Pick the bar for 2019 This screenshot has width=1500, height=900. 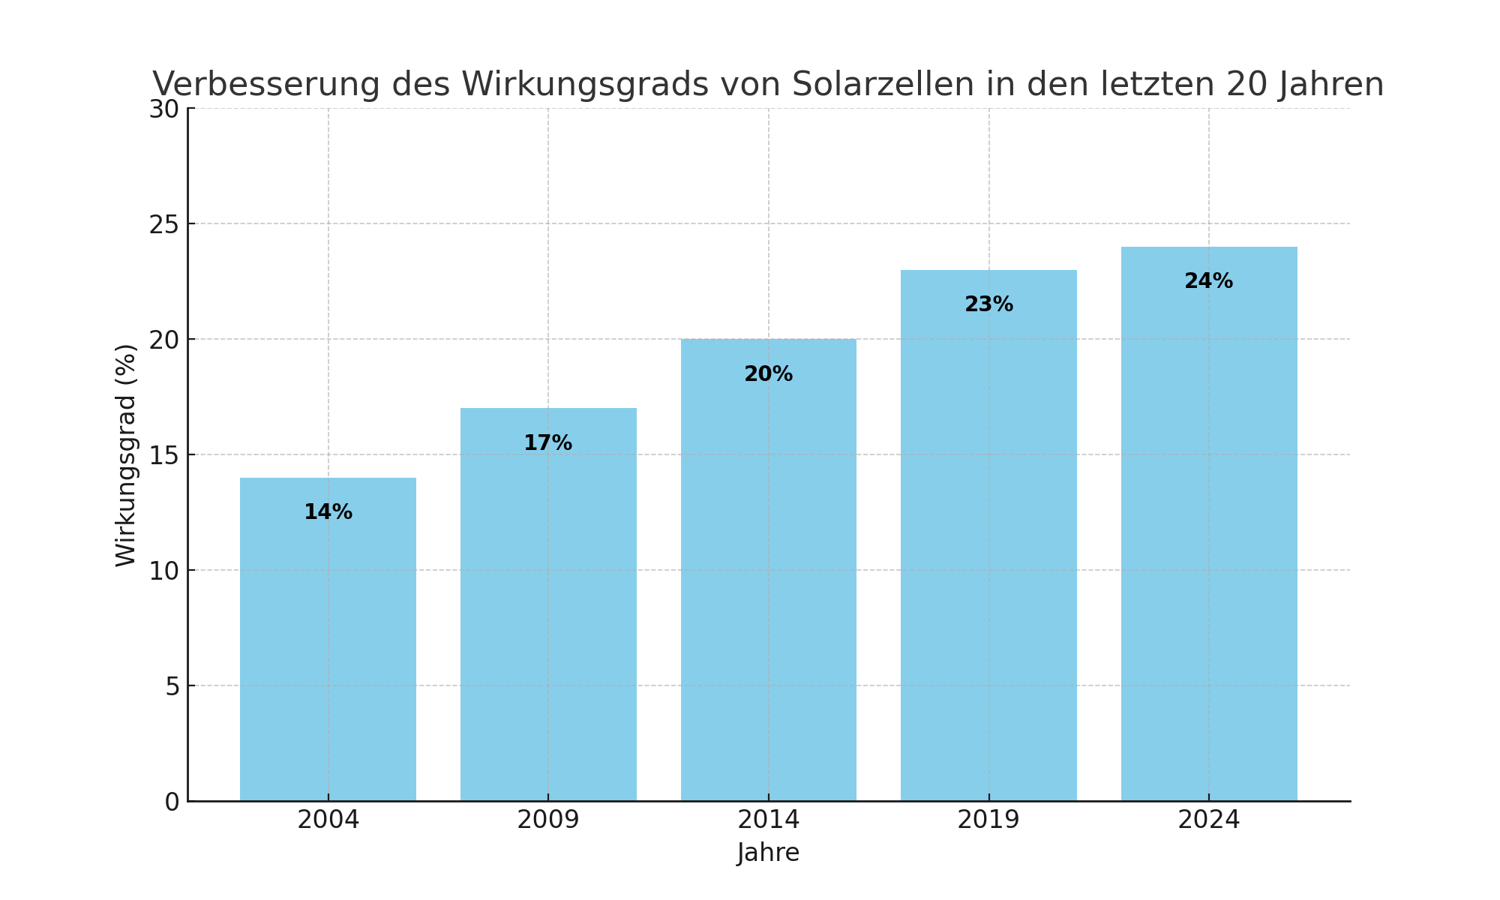(988, 555)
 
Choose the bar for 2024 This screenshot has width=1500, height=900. (1208, 540)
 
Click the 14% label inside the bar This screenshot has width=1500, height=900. (328, 512)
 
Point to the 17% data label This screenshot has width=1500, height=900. (547, 443)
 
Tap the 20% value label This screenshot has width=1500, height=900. (768, 374)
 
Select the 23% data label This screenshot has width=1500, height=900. (988, 304)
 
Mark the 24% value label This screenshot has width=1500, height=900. (1208, 281)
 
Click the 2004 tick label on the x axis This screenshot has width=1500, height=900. (328, 820)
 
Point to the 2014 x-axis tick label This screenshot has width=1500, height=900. (768, 820)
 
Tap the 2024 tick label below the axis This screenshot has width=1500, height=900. (1208, 820)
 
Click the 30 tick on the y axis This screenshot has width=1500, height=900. (163, 109)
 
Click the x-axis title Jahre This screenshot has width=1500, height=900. (768, 853)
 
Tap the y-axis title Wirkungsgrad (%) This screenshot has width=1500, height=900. (126, 455)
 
